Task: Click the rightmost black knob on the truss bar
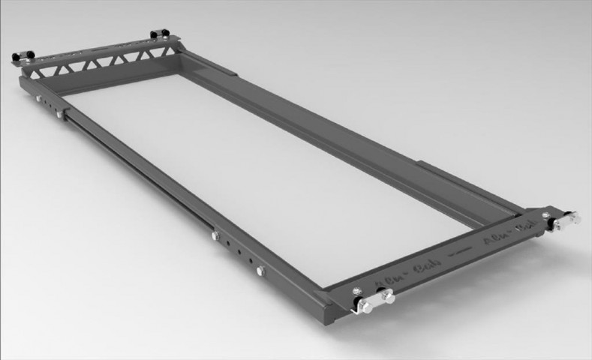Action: (158, 34)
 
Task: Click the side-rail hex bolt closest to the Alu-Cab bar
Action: (260, 271)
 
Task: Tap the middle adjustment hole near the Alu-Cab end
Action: (239, 253)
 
